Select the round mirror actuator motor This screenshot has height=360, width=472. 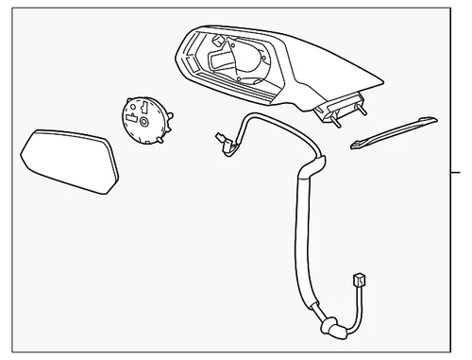tap(143, 120)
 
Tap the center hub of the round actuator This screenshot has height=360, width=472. tap(143, 122)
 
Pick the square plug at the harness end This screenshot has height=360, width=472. tap(359, 280)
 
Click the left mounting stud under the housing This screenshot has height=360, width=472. tap(335, 119)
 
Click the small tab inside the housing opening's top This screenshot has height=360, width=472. tap(219, 42)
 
